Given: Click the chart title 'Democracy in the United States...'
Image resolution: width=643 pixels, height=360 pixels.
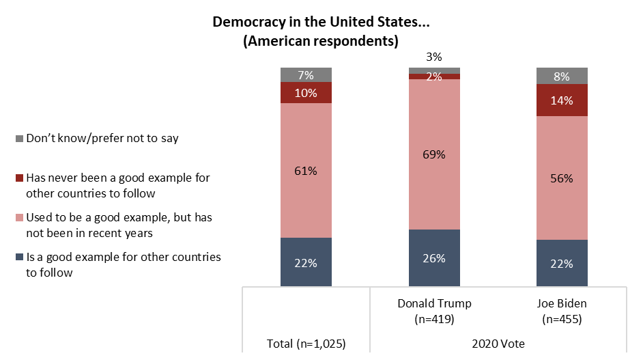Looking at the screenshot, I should click(320, 21).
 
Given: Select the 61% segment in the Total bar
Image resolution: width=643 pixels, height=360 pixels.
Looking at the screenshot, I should click(306, 171).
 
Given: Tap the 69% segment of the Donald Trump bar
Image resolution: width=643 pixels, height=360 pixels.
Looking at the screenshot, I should click(434, 154).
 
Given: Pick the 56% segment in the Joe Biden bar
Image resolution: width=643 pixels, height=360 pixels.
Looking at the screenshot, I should click(562, 178).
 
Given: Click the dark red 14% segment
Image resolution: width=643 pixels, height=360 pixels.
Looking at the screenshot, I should click(562, 100).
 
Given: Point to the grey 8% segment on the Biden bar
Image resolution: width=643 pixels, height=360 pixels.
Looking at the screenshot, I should click(562, 76).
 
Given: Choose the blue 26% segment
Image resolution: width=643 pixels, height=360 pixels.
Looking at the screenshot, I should click(434, 258).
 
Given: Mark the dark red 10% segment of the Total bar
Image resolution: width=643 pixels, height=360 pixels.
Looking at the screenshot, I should click(306, 93).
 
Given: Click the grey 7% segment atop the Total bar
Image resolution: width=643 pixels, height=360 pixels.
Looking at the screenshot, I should click(306, 74).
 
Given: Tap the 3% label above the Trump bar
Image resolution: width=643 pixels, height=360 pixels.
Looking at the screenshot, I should click(434, 58).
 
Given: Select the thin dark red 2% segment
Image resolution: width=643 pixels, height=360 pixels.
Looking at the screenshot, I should click(434, 77).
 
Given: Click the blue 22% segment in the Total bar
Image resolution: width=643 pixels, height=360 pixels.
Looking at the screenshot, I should click(306, 262).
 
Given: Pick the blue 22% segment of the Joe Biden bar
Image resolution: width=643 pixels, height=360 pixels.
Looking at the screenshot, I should click(562, 263).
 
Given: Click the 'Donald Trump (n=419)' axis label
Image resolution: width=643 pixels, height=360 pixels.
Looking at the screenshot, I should click(434, 310).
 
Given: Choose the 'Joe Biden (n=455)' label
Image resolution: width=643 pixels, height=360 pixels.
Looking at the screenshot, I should click(562, 310).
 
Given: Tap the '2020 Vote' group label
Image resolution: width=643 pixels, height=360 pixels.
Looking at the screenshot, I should click(498, 345).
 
